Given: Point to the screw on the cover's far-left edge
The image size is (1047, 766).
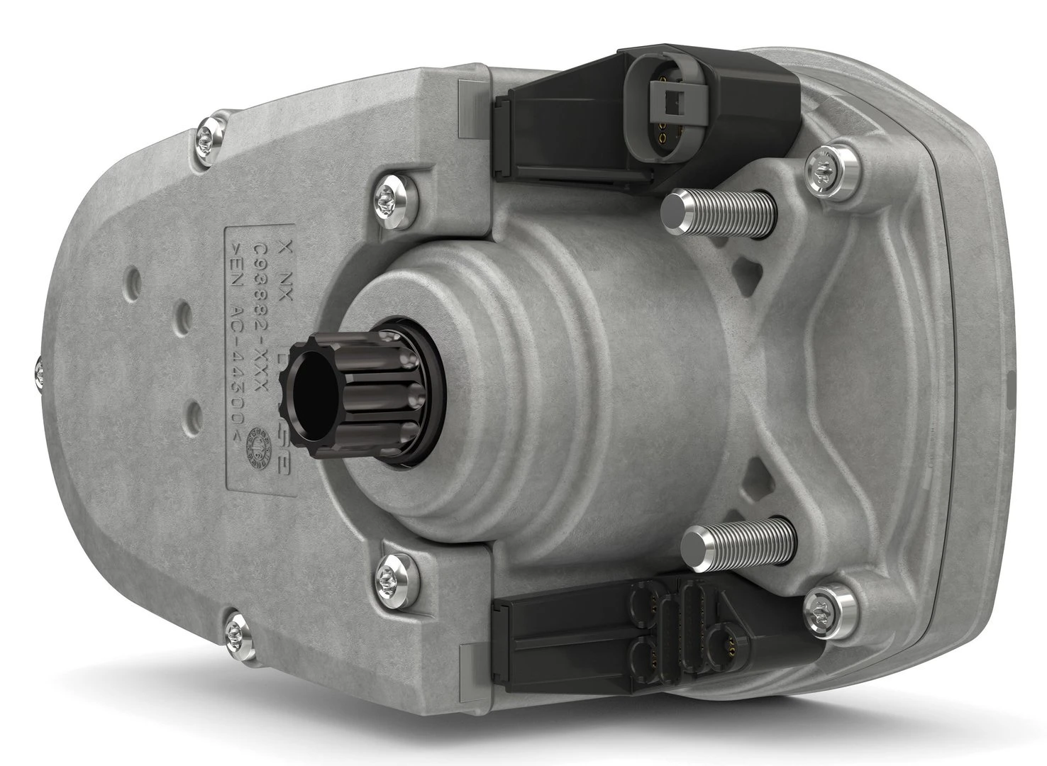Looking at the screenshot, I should pyautogui.click(x=36, y=369).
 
